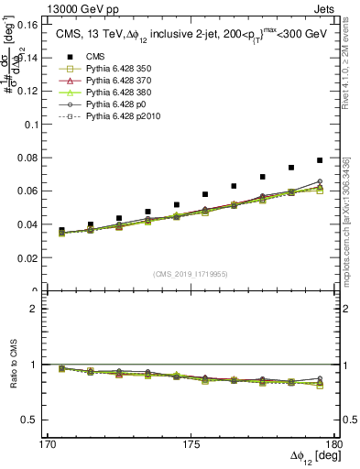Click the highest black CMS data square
320,160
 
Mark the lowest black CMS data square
61,230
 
